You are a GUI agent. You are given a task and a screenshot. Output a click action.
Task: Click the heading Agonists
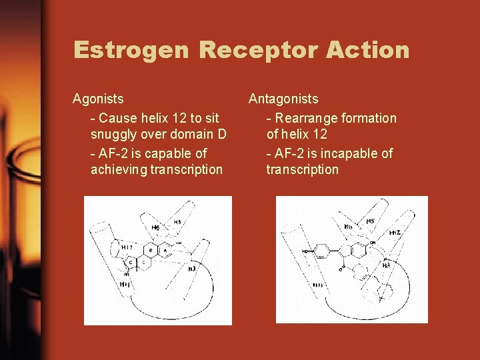pos(98,99)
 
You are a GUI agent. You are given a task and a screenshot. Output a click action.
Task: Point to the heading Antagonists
pos(283,99)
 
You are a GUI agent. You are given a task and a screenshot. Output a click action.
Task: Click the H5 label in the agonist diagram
pos(177,222)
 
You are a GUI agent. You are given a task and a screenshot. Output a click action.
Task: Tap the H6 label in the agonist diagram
pos(155,228)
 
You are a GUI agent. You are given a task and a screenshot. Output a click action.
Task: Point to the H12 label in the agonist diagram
pos(127,247)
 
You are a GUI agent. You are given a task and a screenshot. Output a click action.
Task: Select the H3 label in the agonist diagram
pos(191,269)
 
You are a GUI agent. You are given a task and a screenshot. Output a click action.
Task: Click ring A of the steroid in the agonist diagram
pos(164,250)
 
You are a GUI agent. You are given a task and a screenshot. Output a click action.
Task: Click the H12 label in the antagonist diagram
pos(394,233)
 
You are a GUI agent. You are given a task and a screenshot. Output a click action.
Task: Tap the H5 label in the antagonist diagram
pos(370,221)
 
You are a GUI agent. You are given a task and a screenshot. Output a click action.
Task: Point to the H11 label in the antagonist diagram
pos(318,285)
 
